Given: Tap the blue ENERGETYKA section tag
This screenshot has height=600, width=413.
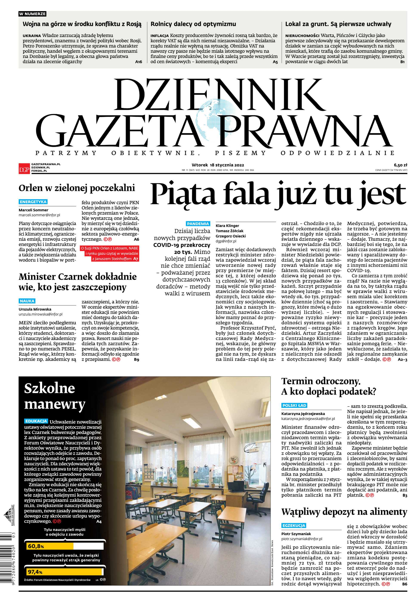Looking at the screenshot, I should [x=33, y=202].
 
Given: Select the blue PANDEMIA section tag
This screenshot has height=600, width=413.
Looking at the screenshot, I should [x=198, y=224].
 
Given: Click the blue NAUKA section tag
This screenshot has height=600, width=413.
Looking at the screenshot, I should [x=27, y=301].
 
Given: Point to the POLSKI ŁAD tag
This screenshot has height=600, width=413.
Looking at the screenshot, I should [x=294, y=405].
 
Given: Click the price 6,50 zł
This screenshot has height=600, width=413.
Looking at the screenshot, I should [x=400, y=165].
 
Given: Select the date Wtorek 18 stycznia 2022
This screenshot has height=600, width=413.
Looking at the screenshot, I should [x=218, y=165].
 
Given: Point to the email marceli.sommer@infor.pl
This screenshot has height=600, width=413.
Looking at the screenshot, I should [x=39, y=215].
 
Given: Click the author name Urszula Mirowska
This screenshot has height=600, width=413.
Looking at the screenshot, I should [x=35, y=309].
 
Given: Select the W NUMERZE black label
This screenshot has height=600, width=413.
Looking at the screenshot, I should [x=32, y=14].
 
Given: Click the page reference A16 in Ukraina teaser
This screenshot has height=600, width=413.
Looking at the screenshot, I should [x=139, y=62].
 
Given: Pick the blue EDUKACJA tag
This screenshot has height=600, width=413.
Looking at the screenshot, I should [x=36, y=421].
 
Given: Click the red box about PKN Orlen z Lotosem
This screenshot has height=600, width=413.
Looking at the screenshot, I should [x=110, y=254].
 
